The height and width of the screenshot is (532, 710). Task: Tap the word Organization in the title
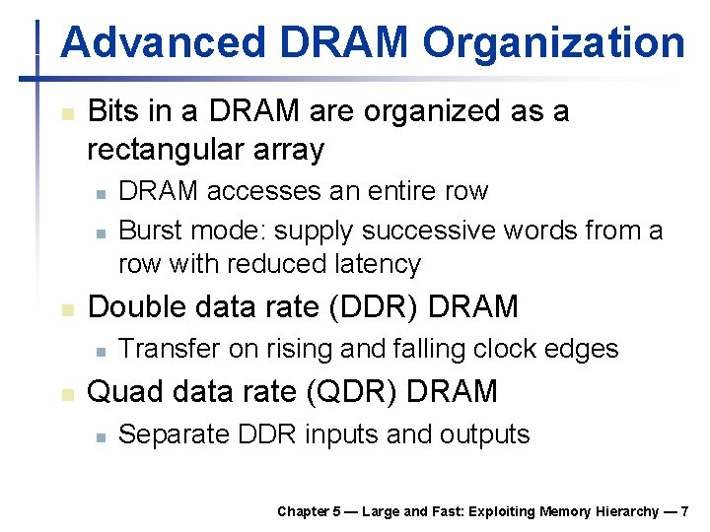[553, 43]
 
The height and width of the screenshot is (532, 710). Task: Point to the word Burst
[151, 231]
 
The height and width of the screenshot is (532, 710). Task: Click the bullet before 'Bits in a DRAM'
[66, 113]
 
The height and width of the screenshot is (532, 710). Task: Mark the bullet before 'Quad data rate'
[66, 393]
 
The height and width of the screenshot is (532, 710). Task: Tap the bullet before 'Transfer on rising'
[100, 351]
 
